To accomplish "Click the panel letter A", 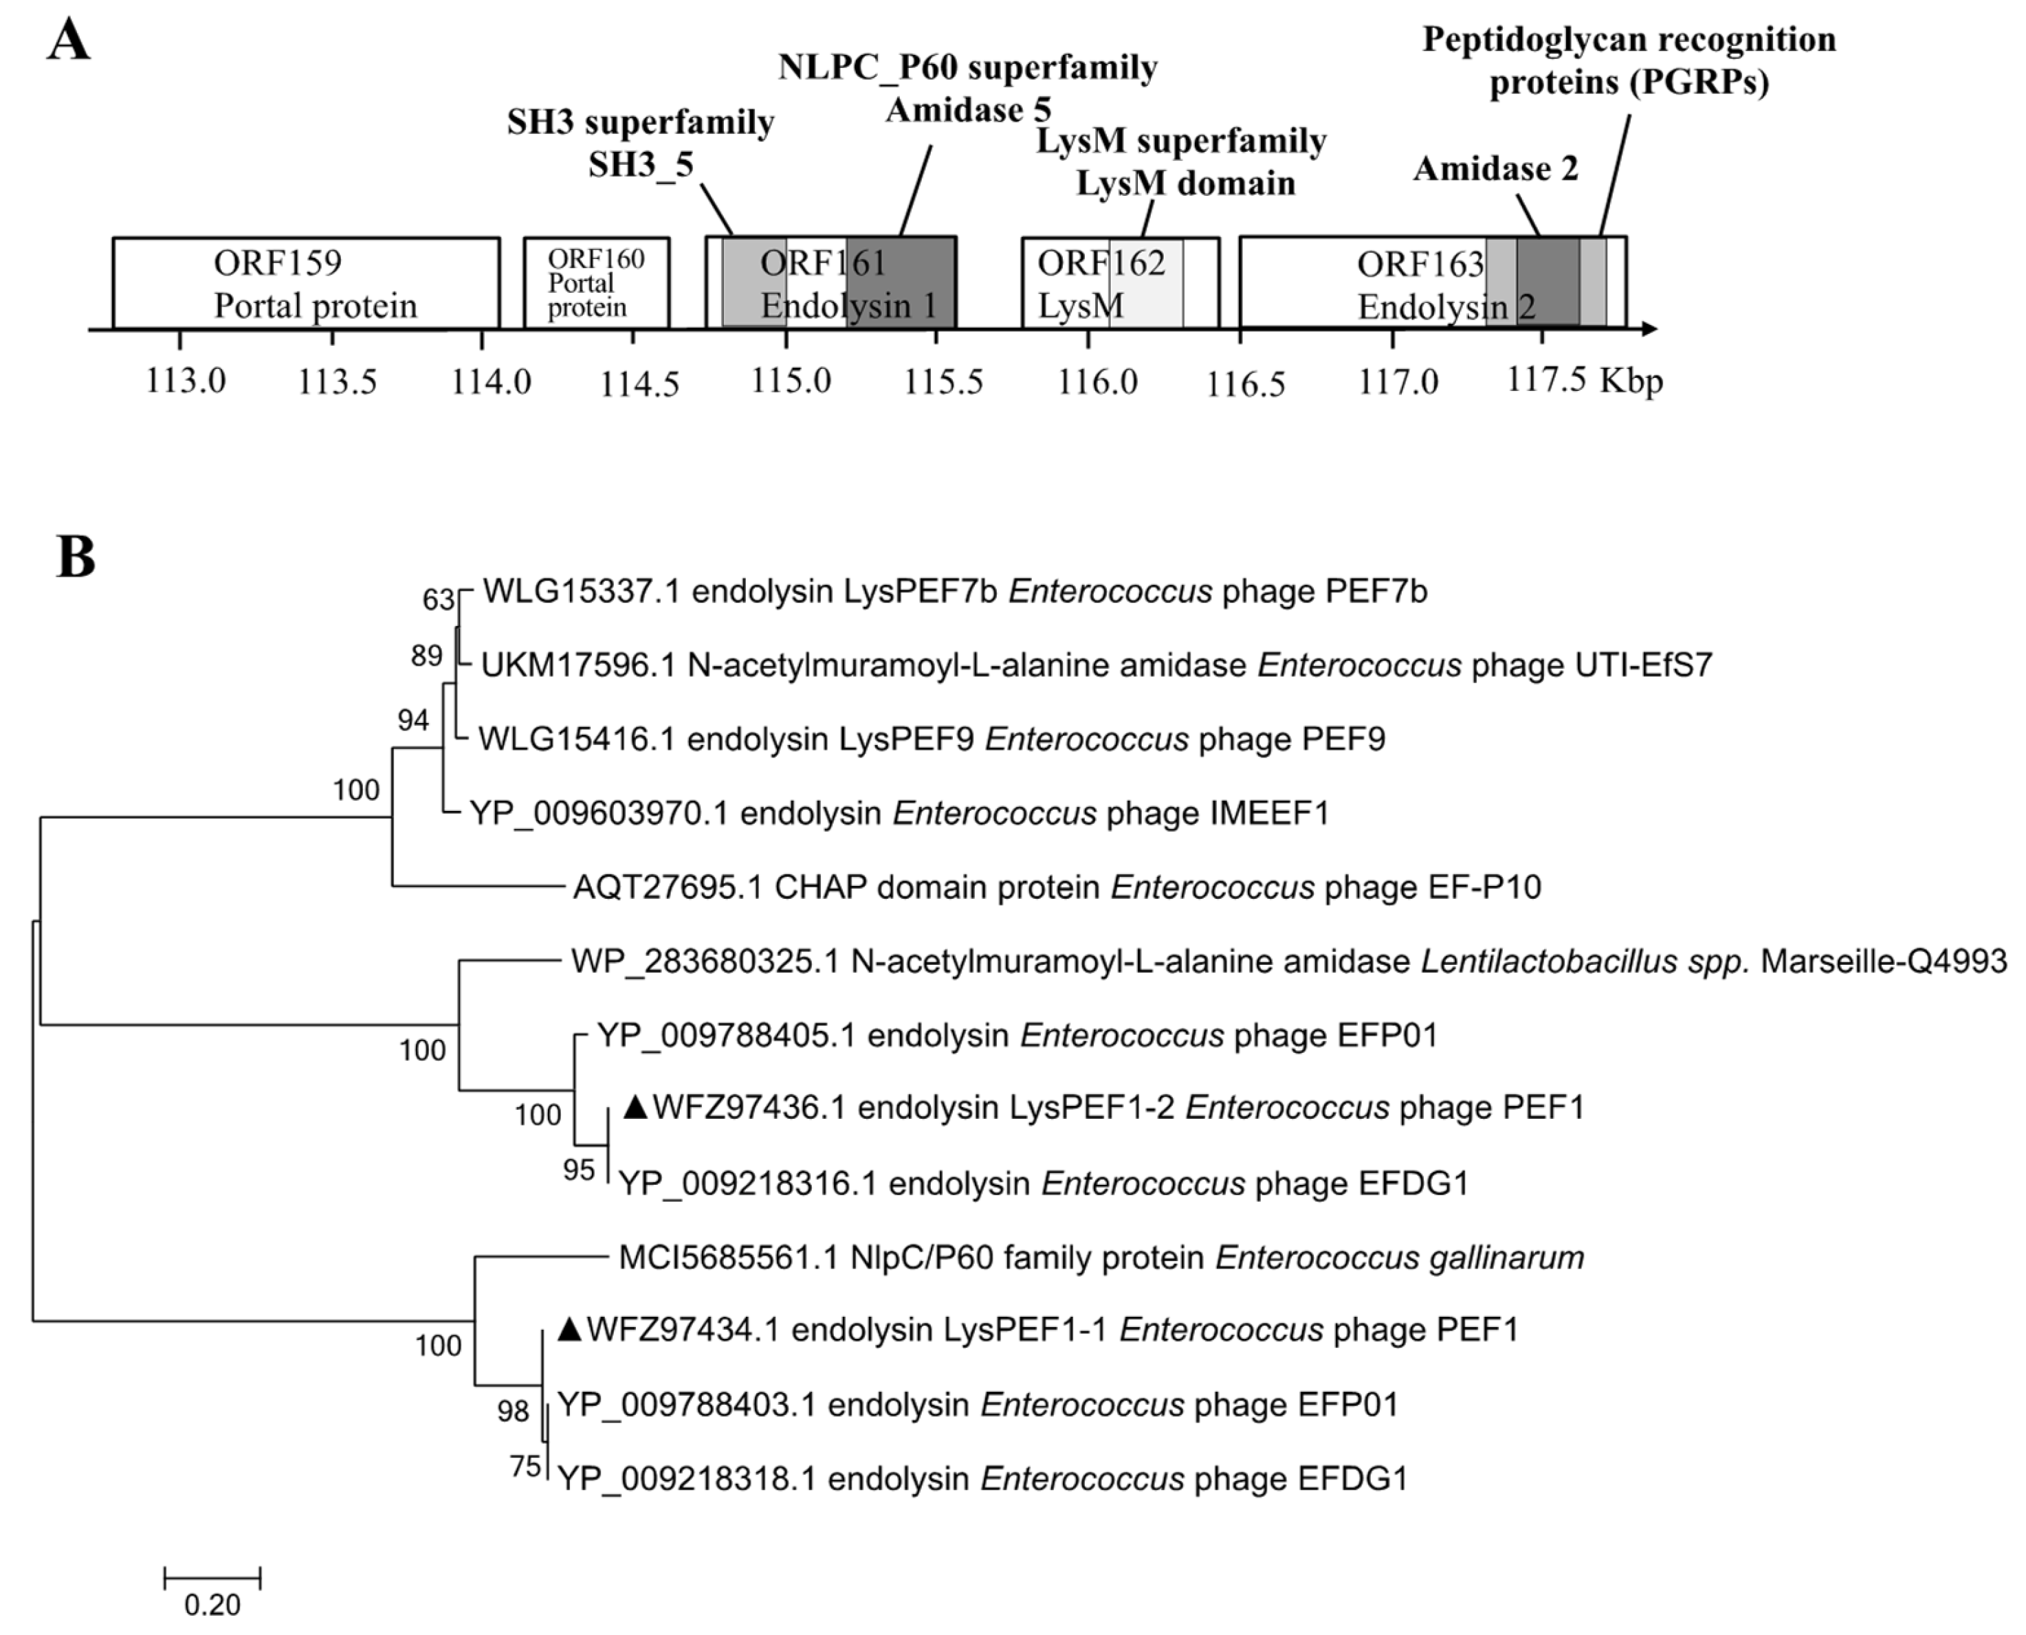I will tap(69, 41).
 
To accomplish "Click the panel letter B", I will tap(76, 557).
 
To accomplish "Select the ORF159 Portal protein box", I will tap(306, 282).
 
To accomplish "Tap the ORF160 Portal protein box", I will tap(596, 282).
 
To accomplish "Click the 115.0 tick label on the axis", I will tap(791, 381).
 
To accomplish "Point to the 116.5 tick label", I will tap(1246, 383).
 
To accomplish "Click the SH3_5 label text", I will tap(641, 165).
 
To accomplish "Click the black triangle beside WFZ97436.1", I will tap(637, 1108).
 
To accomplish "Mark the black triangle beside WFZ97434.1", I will tap(570, 1330).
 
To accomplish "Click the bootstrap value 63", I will tap(438, 600).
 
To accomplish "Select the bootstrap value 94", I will tap(412, 720).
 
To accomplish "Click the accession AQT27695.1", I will tap(667, 887).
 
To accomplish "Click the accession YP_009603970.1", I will tap(598, 813).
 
